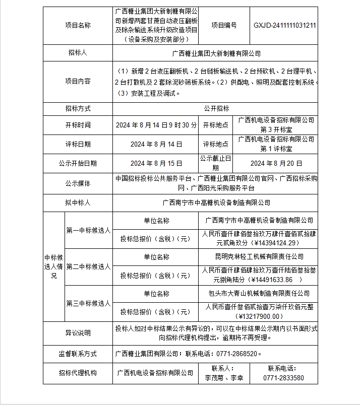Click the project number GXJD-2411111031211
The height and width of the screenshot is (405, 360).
click(285, 25)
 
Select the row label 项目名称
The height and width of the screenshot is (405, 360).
click(78, 25)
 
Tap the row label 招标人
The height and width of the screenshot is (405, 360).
click(78, 53)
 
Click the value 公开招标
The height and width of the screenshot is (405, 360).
click(216, 108)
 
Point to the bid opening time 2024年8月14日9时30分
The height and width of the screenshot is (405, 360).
click(156, 125)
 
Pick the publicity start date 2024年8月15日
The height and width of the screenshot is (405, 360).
click(156, 163)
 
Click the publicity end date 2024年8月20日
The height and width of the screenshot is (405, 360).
click(276, 163)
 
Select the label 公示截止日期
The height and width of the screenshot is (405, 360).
click(216, 163)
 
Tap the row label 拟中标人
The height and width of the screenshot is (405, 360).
click(78, 202)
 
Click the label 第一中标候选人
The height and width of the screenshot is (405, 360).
click(88, 230)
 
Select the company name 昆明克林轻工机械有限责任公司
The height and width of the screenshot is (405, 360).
click(259, 257)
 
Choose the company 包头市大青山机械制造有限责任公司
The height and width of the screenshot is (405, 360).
click(259, 293)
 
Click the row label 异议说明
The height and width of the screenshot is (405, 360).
click(78, 333)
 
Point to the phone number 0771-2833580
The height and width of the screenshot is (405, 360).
click(284, 378)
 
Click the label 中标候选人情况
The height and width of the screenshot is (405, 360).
click(53, 266)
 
